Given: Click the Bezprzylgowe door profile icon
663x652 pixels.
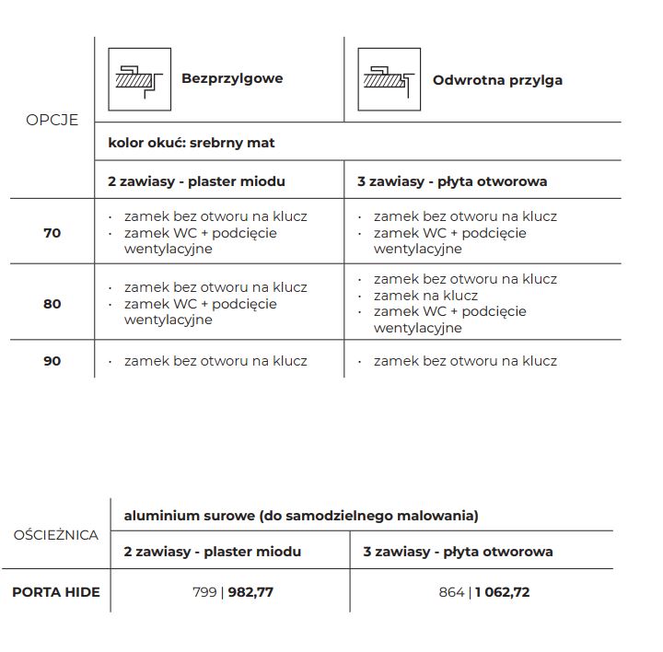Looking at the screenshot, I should tap(139, 79).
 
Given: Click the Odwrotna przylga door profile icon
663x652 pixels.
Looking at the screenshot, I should tap(389, 79).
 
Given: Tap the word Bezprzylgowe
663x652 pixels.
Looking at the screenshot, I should tap(232, 79).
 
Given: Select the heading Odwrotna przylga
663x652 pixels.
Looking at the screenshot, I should tap(497, 80).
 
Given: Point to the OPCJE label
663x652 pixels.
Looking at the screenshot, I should tap(52, 120).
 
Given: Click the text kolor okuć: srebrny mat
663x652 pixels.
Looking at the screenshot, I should tap(191, 143).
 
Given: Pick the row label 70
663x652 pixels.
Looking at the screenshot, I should tap(52, 233).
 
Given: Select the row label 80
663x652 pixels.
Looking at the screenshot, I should tap(52, 303).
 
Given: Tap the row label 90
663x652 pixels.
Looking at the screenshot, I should tap(52, 361).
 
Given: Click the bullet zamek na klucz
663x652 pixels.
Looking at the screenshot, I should tap(425, 296).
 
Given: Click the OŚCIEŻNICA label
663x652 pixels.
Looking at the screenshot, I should tap(55, 535).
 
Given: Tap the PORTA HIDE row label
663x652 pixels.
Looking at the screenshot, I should tap(55, 592).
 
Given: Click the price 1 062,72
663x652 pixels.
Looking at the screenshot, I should tap(502, 592).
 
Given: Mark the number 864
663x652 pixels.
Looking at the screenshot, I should tap(452, 592).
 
